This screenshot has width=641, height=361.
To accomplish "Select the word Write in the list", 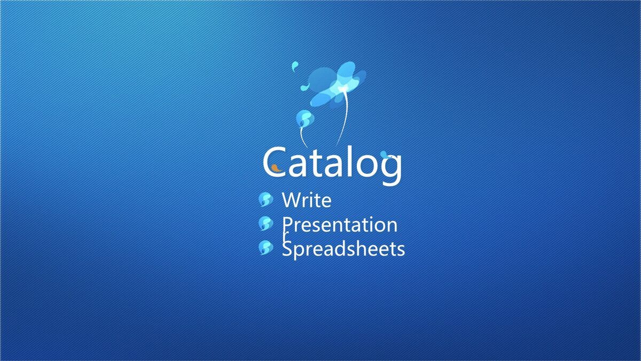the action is (307, 199).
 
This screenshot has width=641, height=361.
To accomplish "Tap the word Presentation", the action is (340, 225).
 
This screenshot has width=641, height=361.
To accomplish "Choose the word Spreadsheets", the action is (343, 249).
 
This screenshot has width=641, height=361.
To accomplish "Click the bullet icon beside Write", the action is (265, 199).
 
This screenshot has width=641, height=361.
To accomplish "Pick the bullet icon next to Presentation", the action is (265, 224).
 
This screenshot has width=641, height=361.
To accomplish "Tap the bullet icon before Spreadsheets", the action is (265, 248).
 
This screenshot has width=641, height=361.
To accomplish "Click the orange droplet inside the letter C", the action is (276, 168).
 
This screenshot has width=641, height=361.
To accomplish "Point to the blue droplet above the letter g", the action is (385, 155).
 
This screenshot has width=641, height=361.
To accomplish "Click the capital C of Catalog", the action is (274, 162).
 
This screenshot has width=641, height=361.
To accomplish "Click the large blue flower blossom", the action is (338, 85).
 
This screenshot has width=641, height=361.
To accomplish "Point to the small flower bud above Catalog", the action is (305, 118).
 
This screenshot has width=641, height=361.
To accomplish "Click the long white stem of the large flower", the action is (345, 118).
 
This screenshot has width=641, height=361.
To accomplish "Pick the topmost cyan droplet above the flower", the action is (295, 66).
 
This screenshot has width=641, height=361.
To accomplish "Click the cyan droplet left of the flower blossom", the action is (305, 87).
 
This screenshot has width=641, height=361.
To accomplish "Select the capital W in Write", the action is (291, 199).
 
